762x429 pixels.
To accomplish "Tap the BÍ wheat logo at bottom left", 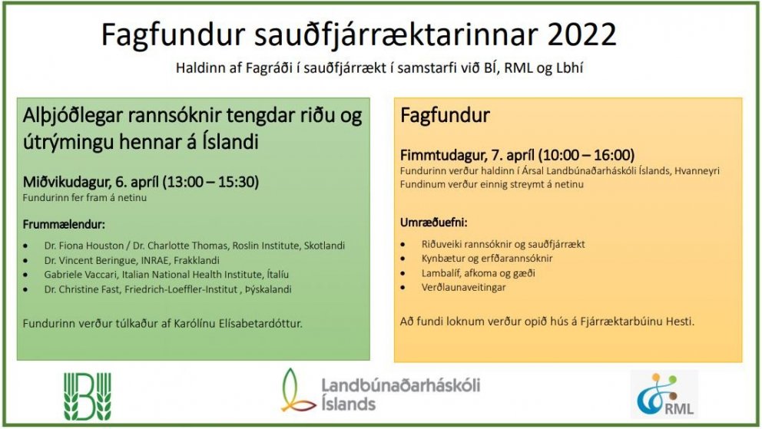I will [x=88, y=396].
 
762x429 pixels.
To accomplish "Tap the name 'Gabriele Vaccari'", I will [x=81, y=275].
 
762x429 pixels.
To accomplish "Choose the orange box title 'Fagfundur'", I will [x=445, y=117].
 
